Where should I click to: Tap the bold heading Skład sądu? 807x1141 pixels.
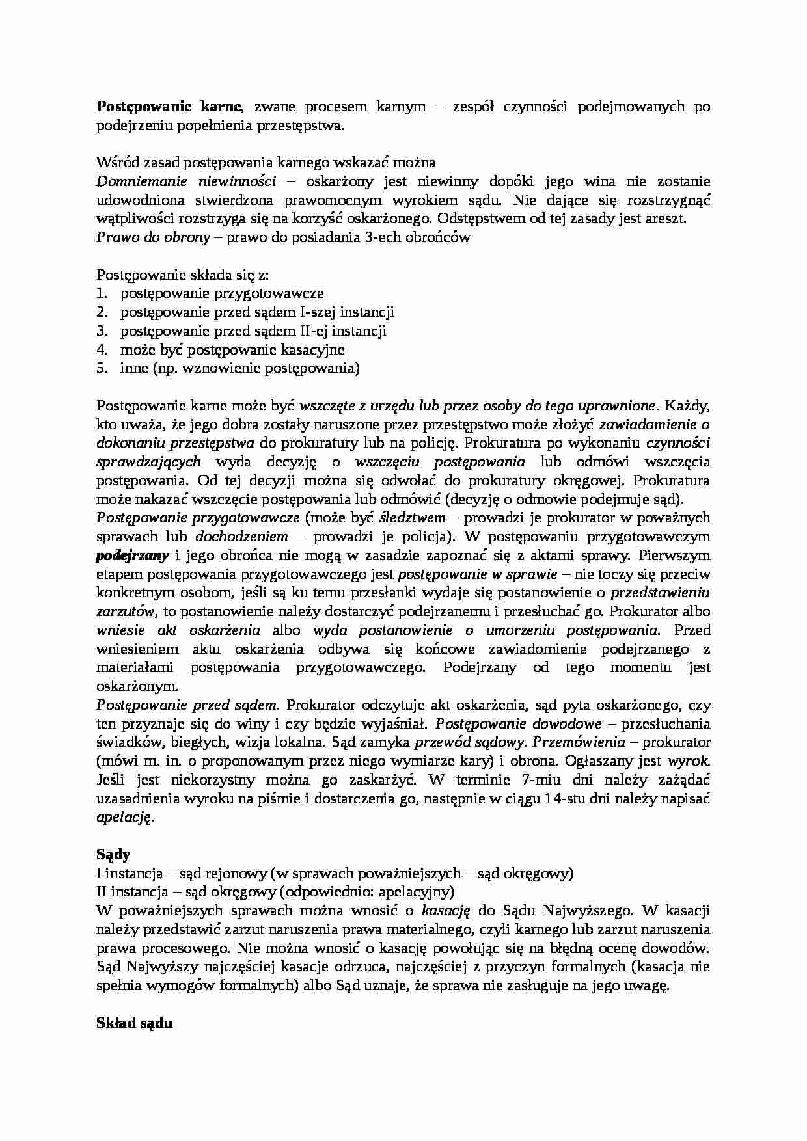[134, 1023]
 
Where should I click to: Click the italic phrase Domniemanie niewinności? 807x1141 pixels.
[185, 181]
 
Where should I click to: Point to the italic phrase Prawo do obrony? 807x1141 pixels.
[153, 237]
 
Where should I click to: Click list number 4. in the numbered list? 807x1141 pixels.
[102, 350]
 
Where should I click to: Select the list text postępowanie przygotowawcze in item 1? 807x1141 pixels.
[222, 294]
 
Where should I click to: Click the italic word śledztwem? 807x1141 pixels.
[412, 518]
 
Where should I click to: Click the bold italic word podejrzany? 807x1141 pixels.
[133, 556]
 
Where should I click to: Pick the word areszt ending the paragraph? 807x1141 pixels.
[666, 219]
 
